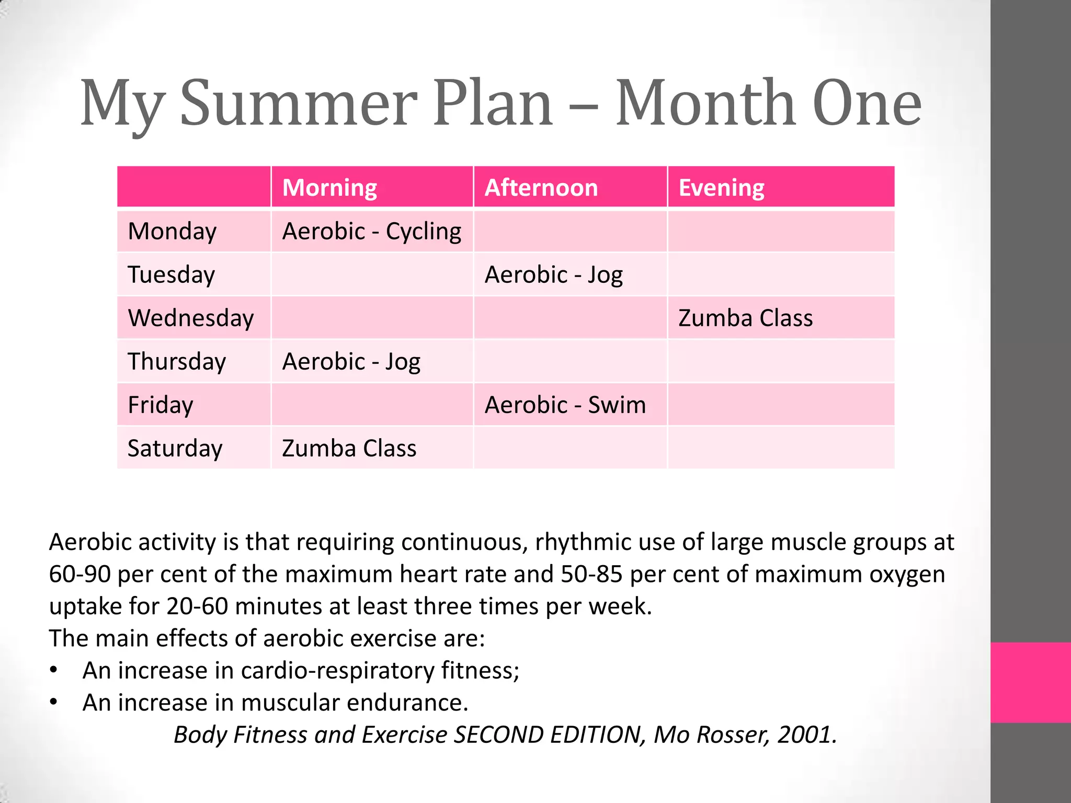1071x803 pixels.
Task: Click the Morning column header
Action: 329,188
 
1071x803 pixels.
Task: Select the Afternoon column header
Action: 541,188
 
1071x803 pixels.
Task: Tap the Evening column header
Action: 721,188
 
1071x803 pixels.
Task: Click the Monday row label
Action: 172,231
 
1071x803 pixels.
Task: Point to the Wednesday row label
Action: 191,318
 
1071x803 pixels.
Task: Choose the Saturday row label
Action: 175,448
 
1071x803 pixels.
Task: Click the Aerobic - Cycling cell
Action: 372,231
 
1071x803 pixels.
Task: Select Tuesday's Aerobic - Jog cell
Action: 554,275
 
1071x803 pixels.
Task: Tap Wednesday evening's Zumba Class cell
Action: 746,318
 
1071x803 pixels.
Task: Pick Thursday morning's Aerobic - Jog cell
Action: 351,362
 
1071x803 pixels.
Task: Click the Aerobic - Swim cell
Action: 565,405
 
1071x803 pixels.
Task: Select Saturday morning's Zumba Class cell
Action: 349,449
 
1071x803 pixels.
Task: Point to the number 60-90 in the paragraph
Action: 79,574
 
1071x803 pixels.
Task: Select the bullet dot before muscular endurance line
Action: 53,702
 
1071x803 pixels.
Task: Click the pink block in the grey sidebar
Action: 1030,682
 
